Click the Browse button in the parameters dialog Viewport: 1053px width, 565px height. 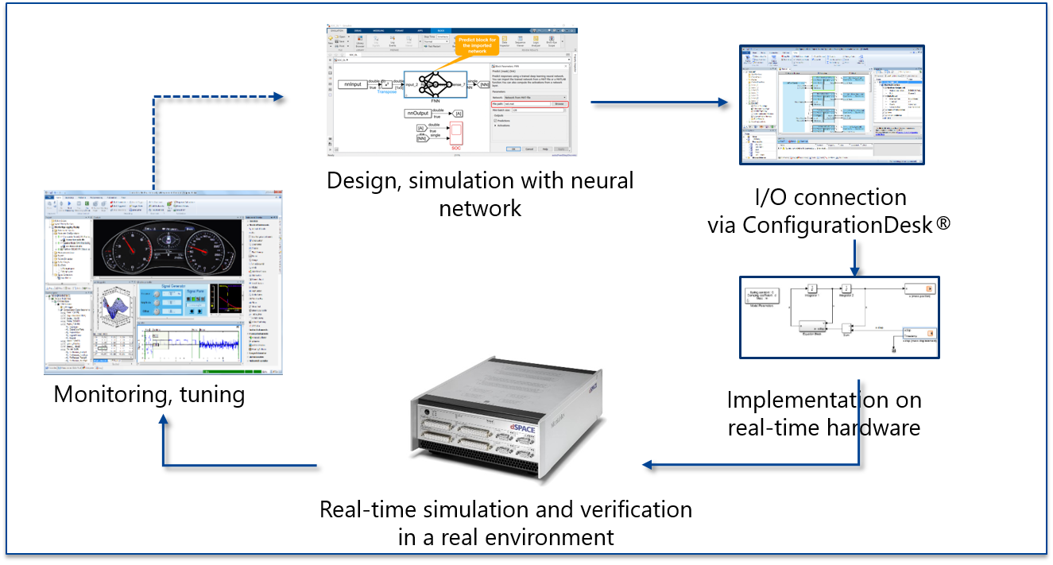[x=559, y=104]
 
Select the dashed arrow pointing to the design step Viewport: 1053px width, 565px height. [x=215, y=97]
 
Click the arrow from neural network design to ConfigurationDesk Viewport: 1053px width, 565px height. [x=660, y=102]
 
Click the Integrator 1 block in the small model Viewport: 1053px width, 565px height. [x=813, y=288]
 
